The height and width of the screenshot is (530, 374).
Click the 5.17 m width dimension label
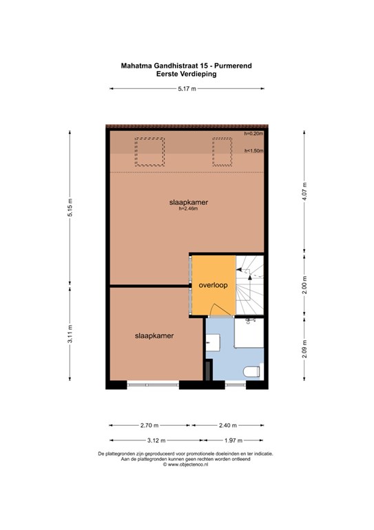point(187,89)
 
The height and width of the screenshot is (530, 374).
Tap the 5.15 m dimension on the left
point(70,208)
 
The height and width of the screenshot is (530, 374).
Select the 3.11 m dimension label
point(70,333)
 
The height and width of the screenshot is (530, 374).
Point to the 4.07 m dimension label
point(304,191)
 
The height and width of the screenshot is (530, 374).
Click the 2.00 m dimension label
point(304,285)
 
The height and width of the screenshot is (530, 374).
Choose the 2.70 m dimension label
point(149,425)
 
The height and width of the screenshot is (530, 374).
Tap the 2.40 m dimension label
point(228,425)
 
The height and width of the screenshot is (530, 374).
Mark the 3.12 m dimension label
point(156,440)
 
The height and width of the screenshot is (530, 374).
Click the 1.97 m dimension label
point(233,440)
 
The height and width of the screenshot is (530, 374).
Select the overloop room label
point(213,285)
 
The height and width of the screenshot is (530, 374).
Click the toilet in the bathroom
point(253,371)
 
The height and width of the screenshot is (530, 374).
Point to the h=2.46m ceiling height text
point(189,208)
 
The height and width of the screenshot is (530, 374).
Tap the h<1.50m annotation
point(254,150)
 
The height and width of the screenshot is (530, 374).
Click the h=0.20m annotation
point(253,133)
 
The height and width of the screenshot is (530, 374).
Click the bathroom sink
point(213,343)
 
